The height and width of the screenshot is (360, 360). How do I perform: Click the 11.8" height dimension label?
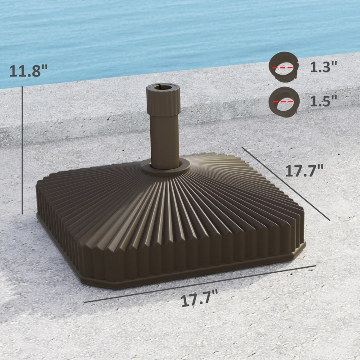click(28, 71)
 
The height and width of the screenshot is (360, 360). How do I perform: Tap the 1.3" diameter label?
click(323, 67)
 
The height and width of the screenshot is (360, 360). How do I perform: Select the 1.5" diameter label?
click(323, 101)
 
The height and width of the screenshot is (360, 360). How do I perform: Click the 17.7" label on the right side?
click(304, 171)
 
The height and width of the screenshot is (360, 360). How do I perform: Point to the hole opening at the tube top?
click(163, 85)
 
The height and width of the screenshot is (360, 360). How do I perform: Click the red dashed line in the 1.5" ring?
click(283, 102)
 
